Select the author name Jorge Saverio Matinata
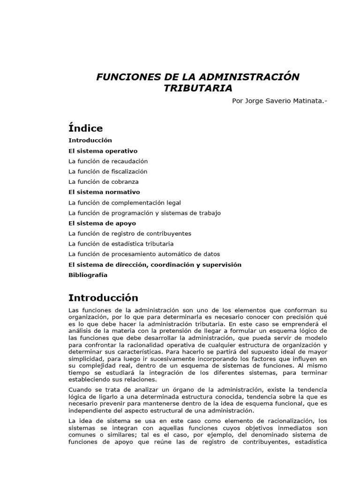(x=285, y=101)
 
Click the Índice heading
(x=85, y=127)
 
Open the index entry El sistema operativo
(x=103, y=151)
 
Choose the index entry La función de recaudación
(x=111, y=161)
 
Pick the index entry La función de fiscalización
(x=108, y=172)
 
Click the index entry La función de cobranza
(x=103, y=182)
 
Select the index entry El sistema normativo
(x=104, y=192)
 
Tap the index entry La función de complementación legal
(x=124, y=202)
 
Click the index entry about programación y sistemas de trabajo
(x=144, y=213)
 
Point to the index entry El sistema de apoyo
(x=99, y=223)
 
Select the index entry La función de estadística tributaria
(x=121, y=244)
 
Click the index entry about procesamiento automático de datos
(x=144, y=254)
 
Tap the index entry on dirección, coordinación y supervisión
(x=155, y=264)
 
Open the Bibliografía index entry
(x=88, y=275)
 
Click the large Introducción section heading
(x=103, y=298)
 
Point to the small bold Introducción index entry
(x=90, y=140)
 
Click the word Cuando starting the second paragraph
(x=81, y=390)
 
